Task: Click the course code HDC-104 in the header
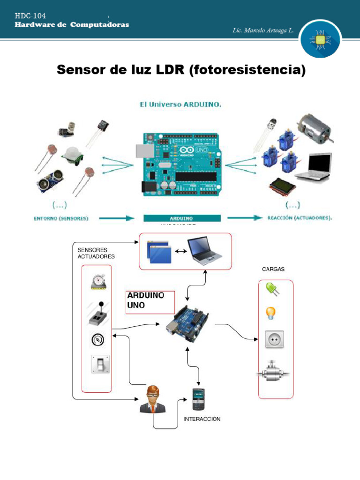click(30, 16)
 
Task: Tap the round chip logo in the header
click(321, 41)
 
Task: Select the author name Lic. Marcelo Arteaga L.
click(263, 30)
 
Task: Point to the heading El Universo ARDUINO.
click(180, 105)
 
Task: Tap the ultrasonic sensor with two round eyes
click(49, 181)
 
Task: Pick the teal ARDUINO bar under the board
click(182, 218)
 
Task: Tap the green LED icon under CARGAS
click(272, 289)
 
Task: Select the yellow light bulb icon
click(270, 313)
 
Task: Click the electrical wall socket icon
click(275, 339)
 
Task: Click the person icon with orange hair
click(152, 399)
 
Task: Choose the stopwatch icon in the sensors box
click(98, 282)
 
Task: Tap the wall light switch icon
click(100, 364)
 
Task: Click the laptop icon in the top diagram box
click(204, 252)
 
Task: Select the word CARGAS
click(273, 270)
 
